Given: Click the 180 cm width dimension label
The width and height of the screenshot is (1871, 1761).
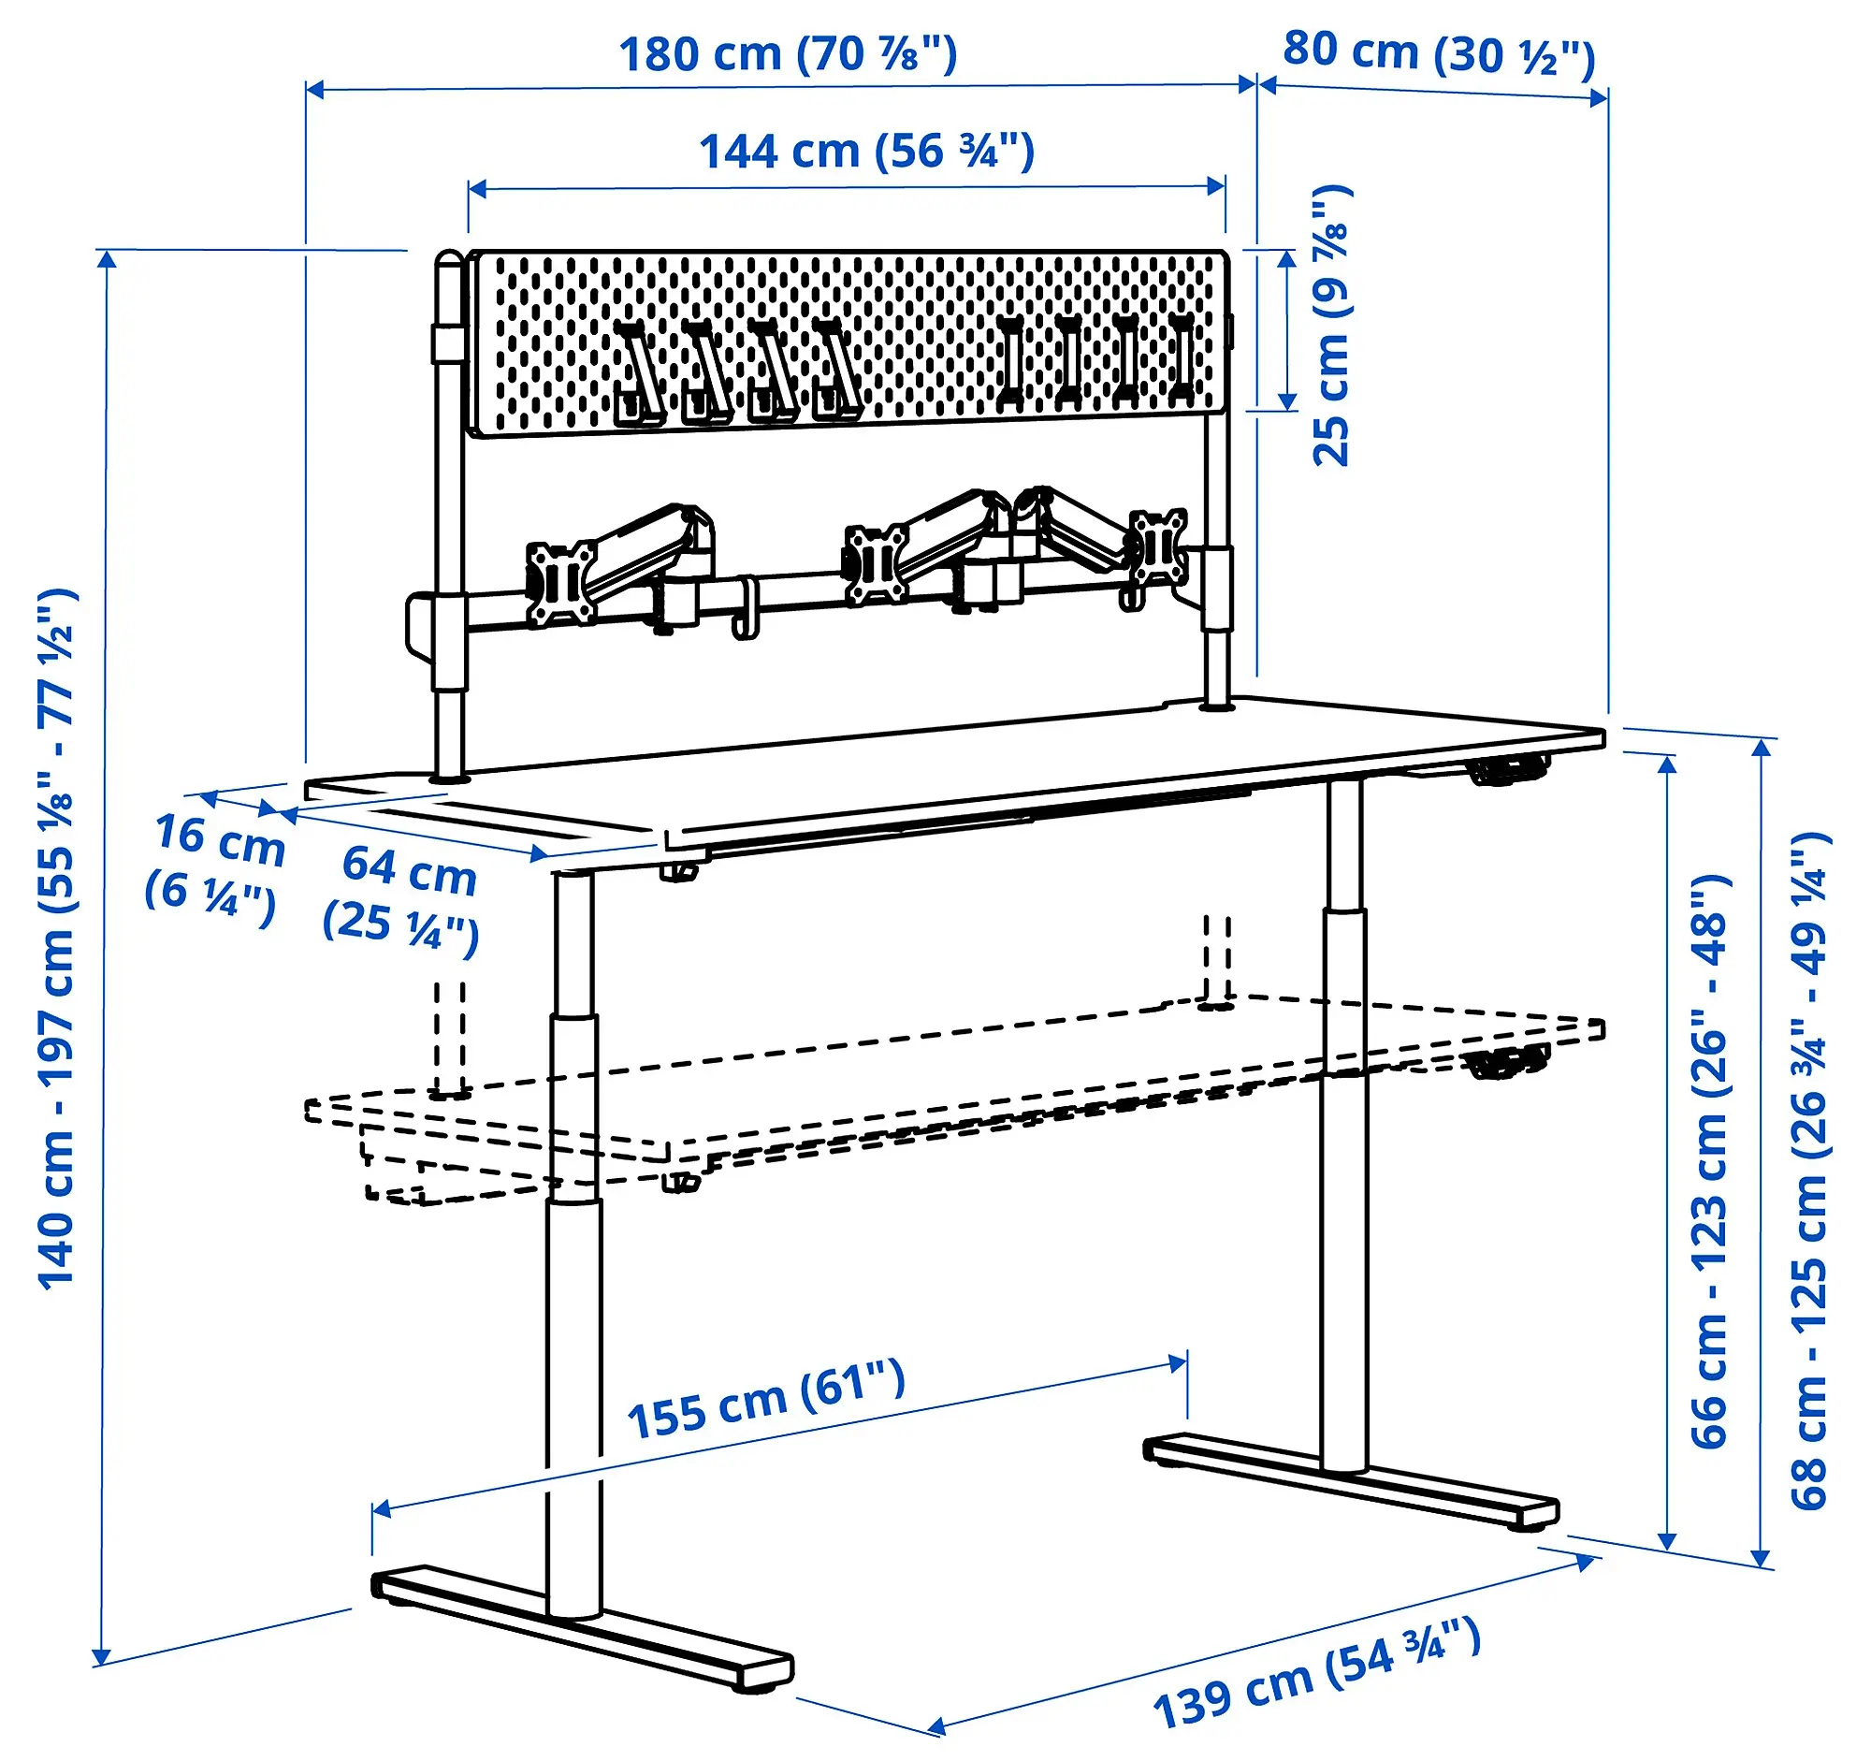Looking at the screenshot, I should pyautogui.click(x=787, y=53).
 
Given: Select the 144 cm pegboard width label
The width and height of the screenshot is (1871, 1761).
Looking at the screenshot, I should pyautogui.click(x=866, y=152).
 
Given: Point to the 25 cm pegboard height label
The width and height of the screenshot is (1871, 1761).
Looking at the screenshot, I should pyautogui.click(x=1331, y=326).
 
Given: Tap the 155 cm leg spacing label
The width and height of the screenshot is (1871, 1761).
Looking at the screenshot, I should pyautogui.click(x=765, y=1401).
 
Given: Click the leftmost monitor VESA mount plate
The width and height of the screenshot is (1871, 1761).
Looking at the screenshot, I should pyautogui.click(x=561, y=583).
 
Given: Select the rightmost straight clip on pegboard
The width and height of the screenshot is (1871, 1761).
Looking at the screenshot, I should pyautogui.click(x=1180, y=357).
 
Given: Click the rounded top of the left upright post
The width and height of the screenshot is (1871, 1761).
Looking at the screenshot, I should pyautogui.click(x=449, y=259).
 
